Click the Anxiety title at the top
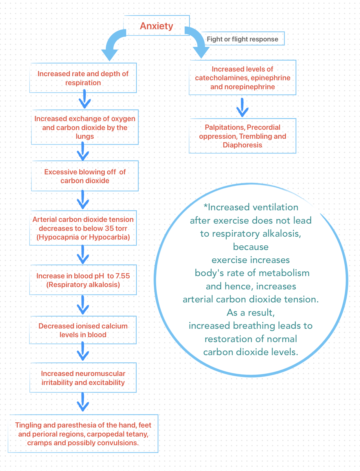point(156,26)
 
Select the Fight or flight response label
point(242,39)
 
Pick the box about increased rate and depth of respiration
point(83,78)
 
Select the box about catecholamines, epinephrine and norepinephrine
point(243,78)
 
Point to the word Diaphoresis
point(243,145)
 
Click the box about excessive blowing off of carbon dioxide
point(85,176)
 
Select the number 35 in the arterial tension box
point(109,228)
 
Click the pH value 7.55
point(123,276)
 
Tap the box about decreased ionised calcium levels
point(83,330)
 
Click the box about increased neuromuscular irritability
point(83,378)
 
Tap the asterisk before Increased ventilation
point(206,207)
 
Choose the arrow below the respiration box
point(84,99)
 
